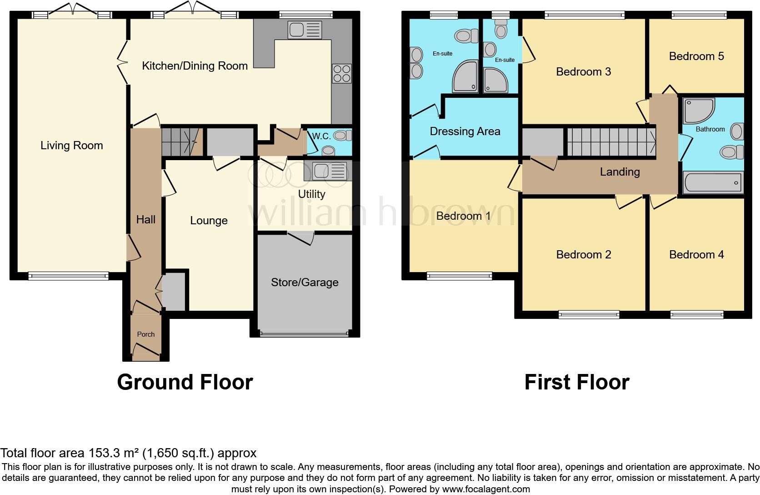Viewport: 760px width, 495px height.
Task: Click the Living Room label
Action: point(71,146)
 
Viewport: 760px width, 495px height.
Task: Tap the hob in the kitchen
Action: point(342,73)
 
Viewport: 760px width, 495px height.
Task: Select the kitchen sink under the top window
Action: point(305,30)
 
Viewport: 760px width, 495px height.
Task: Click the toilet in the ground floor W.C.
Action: point(343,136)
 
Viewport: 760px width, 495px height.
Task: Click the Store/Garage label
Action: point(305,283)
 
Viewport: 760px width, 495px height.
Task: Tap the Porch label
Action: point(146,334)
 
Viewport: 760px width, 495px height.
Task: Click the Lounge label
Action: point(209,221)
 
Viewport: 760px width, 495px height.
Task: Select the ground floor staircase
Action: point(182,142)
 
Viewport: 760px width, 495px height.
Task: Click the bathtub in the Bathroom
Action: point(713,182)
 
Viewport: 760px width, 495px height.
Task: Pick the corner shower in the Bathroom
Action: point(699,111)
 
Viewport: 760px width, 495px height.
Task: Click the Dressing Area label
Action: point(465,131)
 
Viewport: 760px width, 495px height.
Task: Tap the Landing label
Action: point(620,172)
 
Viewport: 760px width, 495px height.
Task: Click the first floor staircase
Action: point(611,142)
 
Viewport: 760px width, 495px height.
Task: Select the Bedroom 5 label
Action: point(696,56)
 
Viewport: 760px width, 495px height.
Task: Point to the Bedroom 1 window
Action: point(460,276)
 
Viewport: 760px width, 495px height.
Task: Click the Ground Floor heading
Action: point(185,382)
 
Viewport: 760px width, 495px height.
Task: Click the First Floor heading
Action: point(577,382)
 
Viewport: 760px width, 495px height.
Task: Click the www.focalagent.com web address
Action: point(486,489)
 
